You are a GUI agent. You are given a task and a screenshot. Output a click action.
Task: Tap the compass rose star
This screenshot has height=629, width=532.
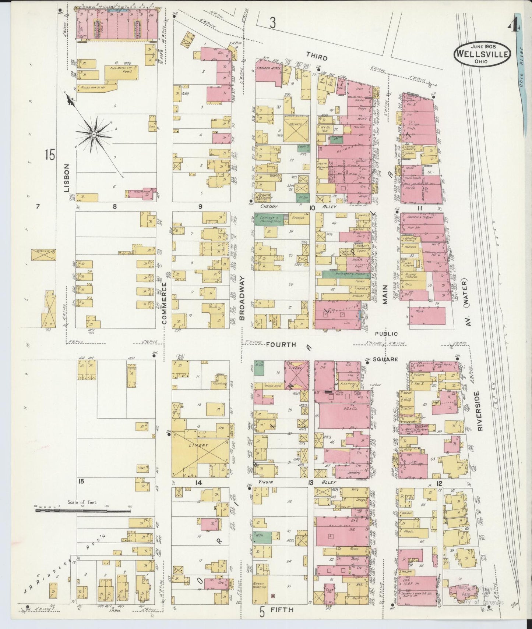pos(94,135)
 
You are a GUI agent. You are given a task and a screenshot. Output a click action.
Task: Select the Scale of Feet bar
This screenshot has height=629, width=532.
pos(82,511)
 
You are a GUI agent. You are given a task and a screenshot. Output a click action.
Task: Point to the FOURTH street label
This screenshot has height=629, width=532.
pos(281,345)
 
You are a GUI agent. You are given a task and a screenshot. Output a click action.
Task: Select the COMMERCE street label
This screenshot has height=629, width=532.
pos(164,303)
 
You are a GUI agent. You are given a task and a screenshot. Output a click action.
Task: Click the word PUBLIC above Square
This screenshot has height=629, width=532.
pos(387,334)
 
